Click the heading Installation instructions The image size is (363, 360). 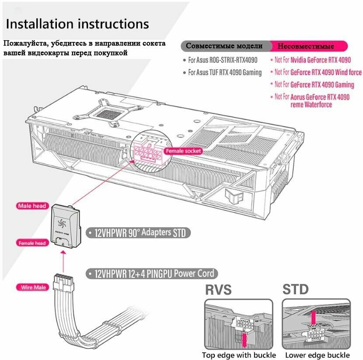(77, 24)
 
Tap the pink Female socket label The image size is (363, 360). (183, 151)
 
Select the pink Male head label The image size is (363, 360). (32, 206)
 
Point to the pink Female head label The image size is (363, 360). (32, 242)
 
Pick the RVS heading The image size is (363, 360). (219, 289)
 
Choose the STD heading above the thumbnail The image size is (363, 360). (295, 289)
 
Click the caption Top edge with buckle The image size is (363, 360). (239, 355)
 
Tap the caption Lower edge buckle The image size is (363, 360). (317, 355)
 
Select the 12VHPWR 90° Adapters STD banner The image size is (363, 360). (139, 233)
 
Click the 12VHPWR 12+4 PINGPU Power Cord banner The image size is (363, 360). (151, 274)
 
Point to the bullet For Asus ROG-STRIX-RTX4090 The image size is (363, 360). (223, 60)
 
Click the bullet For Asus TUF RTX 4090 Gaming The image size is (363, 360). (225, 73)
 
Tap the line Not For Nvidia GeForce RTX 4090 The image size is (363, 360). (312, 60)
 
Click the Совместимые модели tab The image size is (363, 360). (224, 46)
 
